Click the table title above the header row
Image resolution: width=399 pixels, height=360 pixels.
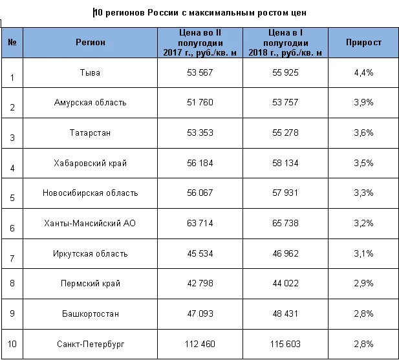point(200,12)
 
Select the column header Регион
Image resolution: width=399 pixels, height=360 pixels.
point(91,42)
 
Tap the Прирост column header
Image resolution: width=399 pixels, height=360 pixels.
point(363,42)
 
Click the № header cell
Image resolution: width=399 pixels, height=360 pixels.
point(12,42)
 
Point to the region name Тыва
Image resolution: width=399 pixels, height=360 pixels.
point(90,73)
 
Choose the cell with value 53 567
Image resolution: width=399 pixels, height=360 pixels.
point(200,72)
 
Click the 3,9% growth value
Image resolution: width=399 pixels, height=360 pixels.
point(363,102)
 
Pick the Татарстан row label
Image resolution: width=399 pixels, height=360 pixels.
point(90,132)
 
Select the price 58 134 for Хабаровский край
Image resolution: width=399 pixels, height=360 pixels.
point(285,163)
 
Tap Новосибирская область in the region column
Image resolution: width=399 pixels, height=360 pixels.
point(90,193)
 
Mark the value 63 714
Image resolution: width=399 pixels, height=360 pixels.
point(200,223)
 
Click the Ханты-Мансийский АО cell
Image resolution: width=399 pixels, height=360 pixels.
point(90,223)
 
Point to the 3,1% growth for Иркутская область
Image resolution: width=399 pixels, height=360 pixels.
point(363,253)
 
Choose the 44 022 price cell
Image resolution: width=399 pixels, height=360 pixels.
point(285,283)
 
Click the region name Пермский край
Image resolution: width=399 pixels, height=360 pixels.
point(91,284)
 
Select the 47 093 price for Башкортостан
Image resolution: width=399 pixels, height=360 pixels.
point(200,313)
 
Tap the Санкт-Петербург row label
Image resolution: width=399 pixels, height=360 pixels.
point(91,344)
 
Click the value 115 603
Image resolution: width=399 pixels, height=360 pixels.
point(285,344)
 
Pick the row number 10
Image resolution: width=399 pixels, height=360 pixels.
point(12,344)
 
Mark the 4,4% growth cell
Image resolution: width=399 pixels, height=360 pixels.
point(363,73)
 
